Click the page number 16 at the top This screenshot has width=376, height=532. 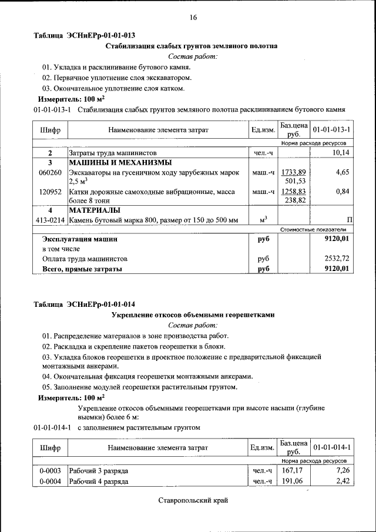click(x=193, y=18)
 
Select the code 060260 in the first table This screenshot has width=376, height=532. click(x=50, y=172)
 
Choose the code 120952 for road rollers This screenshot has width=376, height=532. click(x=50, y=192)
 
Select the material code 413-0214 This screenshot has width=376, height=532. click(x=50, y=220)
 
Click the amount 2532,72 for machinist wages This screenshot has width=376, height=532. click(x=337, y=258)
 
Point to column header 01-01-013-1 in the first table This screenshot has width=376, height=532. click(x=331, y=129)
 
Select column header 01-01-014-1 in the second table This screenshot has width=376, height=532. click(x=331, y=448)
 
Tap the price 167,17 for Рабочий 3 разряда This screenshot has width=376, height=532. click(x=292, y=471)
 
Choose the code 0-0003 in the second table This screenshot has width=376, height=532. click(x=50, y=471)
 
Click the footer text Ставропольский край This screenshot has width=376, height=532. click(x=193, y=501)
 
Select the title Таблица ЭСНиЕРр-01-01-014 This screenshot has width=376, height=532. click(x=85, y=304)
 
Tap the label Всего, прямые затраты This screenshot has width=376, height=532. click(x=82, y=269)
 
